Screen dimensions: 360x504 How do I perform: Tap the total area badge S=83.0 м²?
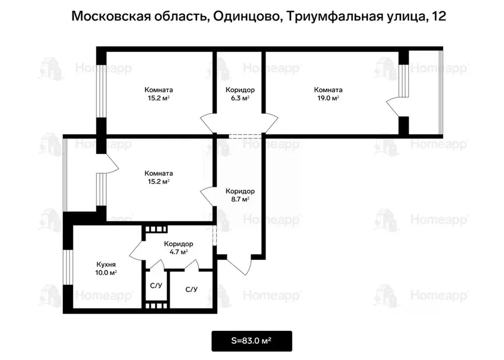[x=252, y=341]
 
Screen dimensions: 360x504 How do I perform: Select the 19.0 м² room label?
[x=328, y=94]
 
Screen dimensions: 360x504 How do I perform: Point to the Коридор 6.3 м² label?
[x=240, y=94]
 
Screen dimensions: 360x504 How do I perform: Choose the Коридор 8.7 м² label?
[x=240, y=195]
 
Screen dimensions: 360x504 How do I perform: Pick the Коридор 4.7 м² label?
[x=178, y=248]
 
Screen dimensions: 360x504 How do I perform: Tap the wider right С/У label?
[x=191, y=289]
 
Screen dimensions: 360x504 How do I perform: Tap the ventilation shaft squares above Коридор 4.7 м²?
[x=156, y=229]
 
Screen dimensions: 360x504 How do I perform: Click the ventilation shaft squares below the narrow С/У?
[x=157, y=305]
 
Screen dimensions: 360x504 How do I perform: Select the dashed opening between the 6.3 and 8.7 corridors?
[x=240, y=135]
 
